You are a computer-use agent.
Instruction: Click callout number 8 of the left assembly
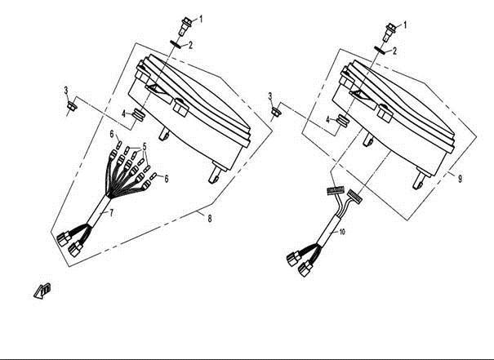(210, 219)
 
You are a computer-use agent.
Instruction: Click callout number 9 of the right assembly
(460, 179)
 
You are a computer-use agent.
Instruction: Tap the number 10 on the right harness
(342, 232)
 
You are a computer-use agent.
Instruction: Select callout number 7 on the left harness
(111, 212)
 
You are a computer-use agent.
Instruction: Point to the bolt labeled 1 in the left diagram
(186, 26)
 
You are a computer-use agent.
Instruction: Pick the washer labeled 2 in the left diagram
(176, 44)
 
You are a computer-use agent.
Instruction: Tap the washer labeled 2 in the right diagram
(381, 51)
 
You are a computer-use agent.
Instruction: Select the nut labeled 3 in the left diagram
(72, 105)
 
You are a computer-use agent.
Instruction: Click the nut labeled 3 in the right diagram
(276, 111)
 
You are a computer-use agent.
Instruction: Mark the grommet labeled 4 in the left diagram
(138, 114)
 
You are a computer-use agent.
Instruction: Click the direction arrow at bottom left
(42, 291)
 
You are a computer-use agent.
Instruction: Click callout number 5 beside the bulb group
(145, 146)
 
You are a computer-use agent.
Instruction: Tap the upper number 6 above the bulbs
(112, 134)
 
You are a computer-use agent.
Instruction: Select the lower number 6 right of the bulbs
(166, 179)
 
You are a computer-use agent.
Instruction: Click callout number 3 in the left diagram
(66, 91)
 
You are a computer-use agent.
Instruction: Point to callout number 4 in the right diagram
(328, 120)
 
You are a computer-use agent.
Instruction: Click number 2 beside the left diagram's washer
(190, 45)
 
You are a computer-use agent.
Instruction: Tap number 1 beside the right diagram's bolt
(405, 24)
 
